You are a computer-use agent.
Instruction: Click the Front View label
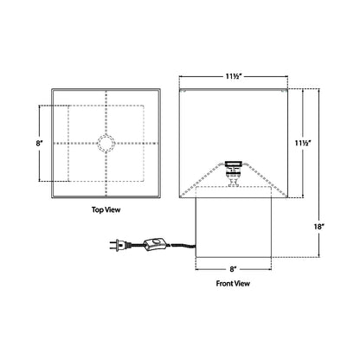click(233, 283)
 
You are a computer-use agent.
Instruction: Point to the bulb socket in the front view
click(232, 172)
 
